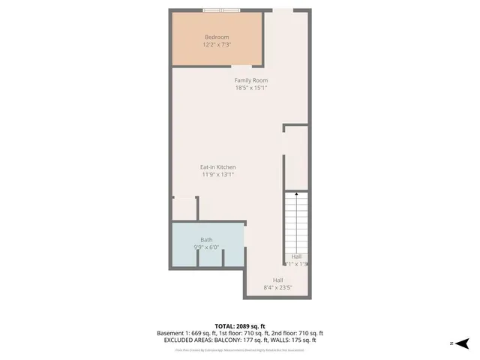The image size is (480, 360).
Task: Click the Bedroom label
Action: point(217,37)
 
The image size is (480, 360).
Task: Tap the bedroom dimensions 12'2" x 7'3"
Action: point(217,45)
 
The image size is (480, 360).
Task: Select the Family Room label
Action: point(250,80)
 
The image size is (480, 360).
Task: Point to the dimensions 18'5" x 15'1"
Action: point(250,88)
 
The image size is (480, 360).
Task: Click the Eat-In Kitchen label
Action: point(217,166)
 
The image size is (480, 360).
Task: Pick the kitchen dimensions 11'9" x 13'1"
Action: point(217,174)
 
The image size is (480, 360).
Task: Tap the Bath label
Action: point(206,239)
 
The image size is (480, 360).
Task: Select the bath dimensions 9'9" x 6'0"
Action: point(206,247)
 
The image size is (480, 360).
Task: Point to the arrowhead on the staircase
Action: point(297,194)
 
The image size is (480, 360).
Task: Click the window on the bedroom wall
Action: point(221,10)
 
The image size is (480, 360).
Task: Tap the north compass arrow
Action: point(462,343)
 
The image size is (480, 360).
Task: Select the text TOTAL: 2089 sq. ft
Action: point(240,325)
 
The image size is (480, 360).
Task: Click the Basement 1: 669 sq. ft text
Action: point(185,333)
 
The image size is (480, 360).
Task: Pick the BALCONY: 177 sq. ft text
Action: point(253,340)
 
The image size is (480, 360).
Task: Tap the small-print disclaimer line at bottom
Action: point(240,349)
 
